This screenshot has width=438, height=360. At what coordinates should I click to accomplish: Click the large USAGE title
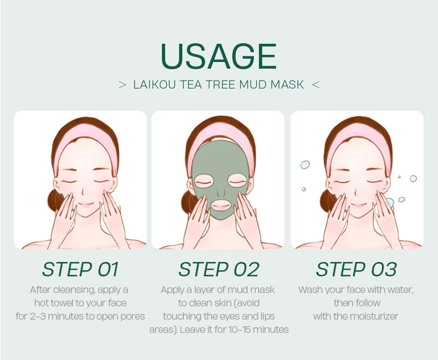tap(218, 56)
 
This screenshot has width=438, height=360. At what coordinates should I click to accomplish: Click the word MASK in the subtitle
tap(287, 85)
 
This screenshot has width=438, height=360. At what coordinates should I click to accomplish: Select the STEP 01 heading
tap(80, 269)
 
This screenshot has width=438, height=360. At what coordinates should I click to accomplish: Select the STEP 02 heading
tap(218, 269)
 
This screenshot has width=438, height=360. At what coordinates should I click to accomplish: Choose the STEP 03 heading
tap(356, 269)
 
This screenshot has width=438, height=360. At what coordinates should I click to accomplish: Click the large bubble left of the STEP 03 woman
tap(305, 164)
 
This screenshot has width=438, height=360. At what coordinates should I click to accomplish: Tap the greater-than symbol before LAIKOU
tap(123, 85)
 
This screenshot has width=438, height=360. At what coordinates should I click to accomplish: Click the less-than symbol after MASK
tap(315, 85)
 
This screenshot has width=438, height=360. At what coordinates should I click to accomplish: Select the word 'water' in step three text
tap(400, 290)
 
